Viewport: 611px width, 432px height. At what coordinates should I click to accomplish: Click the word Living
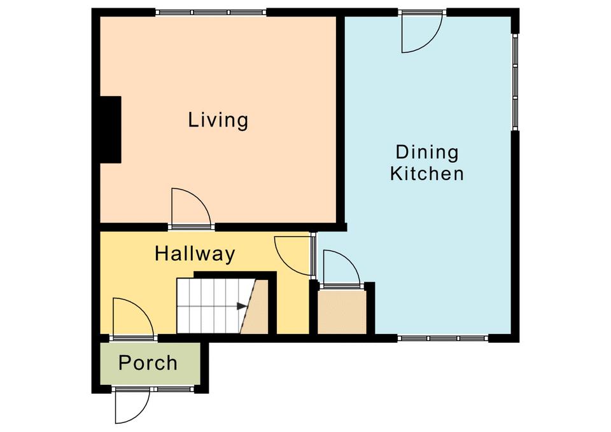click(x=218, y=120)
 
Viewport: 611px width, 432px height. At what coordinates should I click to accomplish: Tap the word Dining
click(x=427, y=152)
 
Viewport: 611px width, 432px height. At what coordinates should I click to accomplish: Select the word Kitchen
click(x=427, y=174)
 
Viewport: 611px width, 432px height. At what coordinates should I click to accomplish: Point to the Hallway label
click(x=195, y=254)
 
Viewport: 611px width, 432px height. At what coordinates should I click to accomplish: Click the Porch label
click(x=148, y=363)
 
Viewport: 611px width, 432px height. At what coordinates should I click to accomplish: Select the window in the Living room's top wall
click(x=211, y=12)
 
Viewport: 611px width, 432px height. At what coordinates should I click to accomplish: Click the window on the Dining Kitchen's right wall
click(x=515, y=82)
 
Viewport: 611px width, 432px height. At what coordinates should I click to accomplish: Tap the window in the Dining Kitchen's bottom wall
click(x=443, y=338)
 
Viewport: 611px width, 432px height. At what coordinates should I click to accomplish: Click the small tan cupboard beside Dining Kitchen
click(x=342, y=312)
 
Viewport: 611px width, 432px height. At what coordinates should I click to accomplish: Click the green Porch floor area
click(x=150, y=363)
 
